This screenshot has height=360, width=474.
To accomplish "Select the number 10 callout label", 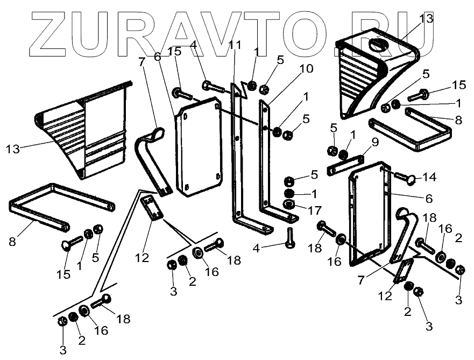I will [x=306, y=69].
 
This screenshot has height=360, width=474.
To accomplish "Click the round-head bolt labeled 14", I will [x=407, y=178].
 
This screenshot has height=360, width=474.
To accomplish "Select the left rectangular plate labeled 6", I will [x=199, y=145].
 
